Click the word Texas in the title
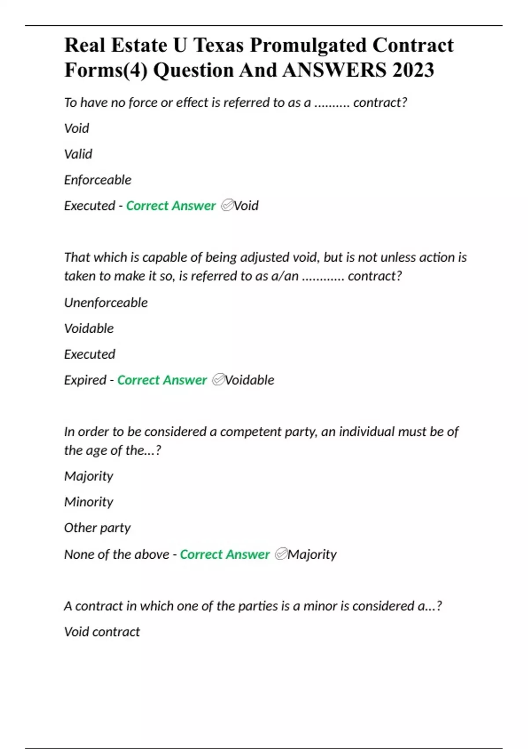click(x=218, y=45)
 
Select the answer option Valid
click(x=78, y=154)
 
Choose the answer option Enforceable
click(x=98, y=180)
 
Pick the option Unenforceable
click(x=106, y=303)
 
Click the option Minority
click(x=88, y=502)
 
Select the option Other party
click(x=97, y=528)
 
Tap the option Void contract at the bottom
click(x=102, y=632)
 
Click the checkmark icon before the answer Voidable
click(x=218, y=380)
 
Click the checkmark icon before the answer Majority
click(x=281, y=554)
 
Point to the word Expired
click(x=85, y=380)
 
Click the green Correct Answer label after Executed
click(x=171, y=206)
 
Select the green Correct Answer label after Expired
click(x=161, y=380)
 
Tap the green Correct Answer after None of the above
click(x=224, y=554)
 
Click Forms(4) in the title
click(x=106, y=70)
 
